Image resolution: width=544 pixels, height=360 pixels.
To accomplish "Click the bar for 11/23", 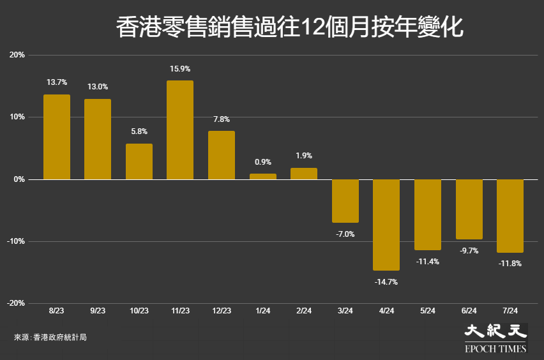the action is click(x=180, y=130).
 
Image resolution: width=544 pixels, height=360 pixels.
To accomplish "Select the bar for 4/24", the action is click(x=386, y=225).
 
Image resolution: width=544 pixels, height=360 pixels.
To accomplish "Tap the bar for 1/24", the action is click(x=263, y=177).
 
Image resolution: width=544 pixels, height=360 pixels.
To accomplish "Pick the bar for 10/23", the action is click(x=139, y=161).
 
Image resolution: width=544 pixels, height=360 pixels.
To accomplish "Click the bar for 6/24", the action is click(x=469, y=209).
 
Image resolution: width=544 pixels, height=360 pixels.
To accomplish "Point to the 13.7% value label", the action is click(x=57, y=82).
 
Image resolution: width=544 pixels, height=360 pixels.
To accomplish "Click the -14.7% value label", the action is click(x=386, y=282).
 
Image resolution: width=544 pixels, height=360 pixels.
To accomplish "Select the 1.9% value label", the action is click(x=304, y=156).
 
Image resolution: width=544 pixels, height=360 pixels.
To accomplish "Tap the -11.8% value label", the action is click(x=510, y=264).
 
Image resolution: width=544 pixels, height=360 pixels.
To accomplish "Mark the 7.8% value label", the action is click(x=222, y=119).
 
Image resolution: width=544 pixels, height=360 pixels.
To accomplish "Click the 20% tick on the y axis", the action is click(x=17, y=55).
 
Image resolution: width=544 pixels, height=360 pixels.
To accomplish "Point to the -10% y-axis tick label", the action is click(x=16, y=241).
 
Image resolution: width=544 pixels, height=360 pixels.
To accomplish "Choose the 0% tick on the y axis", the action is click(x=19, y=179).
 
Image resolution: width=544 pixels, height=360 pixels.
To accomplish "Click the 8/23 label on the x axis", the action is click(x=57, y=311).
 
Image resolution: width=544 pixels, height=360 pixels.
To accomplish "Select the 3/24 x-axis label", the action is click(x=345, y=311).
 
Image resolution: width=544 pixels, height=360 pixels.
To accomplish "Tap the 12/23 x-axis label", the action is click(x=222, y=311).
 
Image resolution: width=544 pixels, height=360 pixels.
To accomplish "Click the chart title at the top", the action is click(x=290, y=27).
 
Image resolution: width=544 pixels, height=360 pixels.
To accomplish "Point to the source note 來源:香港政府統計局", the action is click(x=50, y=337).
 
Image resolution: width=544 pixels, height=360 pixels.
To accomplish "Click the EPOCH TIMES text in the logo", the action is click(x=495, y=349).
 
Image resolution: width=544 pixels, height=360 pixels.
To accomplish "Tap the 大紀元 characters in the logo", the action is click(x=495, y=331).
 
